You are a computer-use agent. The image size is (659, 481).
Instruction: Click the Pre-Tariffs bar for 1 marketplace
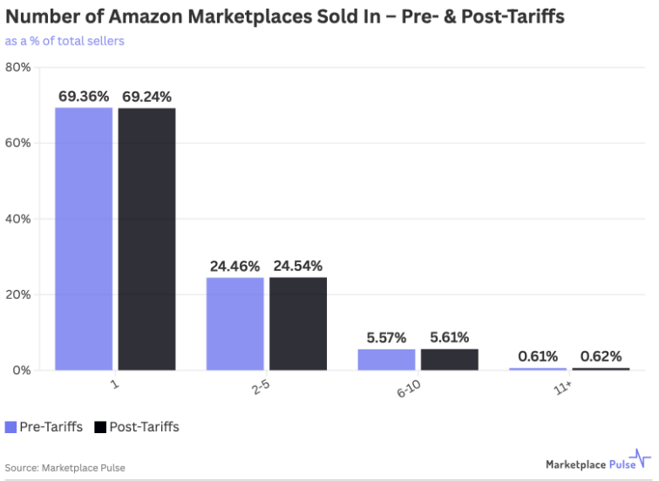(84, 239)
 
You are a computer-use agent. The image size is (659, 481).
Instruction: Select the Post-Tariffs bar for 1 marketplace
(146, 240)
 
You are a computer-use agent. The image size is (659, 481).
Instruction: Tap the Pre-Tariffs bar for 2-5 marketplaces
(235, 324)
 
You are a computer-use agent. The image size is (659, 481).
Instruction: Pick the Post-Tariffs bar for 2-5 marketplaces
(298, 324)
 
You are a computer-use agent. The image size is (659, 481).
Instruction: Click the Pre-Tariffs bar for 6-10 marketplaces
(386, 360)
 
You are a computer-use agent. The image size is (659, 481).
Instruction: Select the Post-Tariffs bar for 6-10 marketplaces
(449, 360)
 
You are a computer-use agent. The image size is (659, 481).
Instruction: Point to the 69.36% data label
(84, 97)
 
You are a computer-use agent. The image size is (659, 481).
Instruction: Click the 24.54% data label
(298, 266)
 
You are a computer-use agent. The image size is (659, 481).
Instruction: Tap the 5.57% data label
(386, 338)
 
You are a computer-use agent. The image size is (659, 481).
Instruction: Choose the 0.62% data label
(601, 356)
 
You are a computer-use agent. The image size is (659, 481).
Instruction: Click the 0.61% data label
(538, 356)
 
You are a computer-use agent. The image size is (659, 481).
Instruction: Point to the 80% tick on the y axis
(18, 67)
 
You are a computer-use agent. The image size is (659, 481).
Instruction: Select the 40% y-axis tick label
(18, 219)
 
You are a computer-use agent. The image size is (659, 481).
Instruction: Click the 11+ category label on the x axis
(563, 388)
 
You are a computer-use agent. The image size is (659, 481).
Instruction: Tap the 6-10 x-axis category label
(409, 389)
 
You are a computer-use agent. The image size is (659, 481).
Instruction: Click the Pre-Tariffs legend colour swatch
(10, 427)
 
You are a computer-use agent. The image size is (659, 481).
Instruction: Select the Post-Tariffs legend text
(144, 427)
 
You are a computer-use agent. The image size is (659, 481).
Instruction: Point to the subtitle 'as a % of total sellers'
(65, 41)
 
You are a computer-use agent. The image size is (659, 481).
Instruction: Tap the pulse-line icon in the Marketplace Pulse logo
(640, 458)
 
